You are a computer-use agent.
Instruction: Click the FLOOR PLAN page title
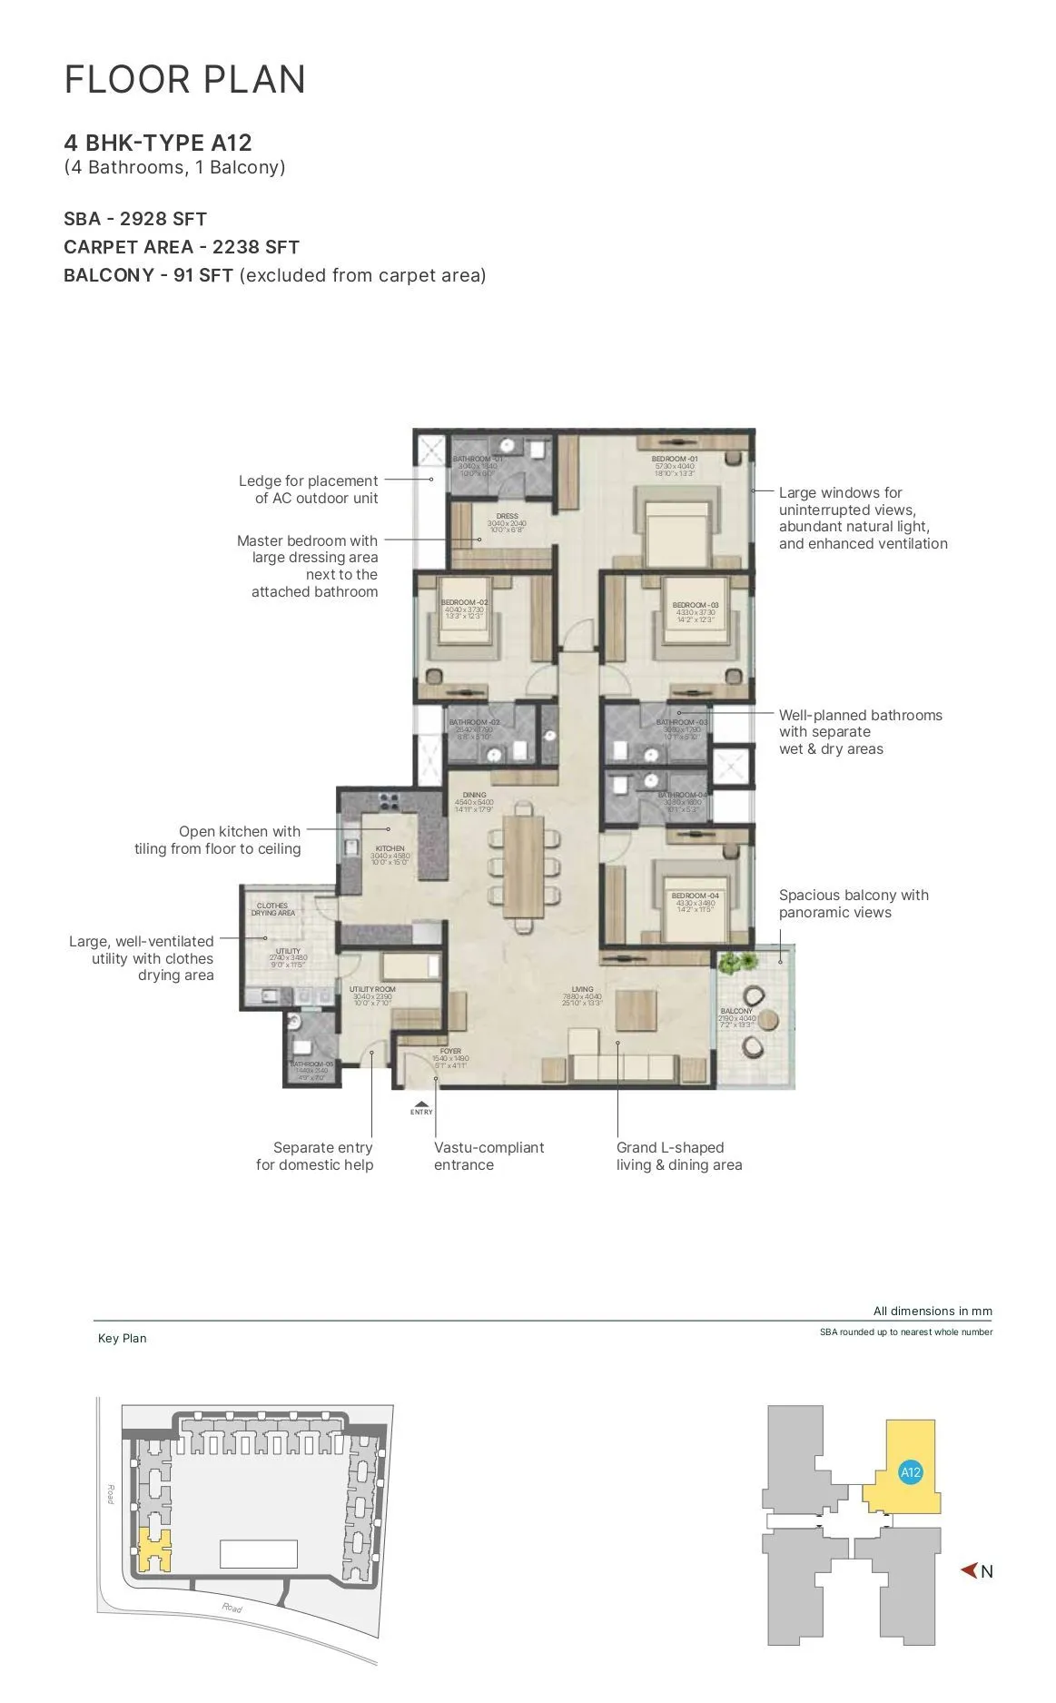pyautogui.click(x=185, y=80)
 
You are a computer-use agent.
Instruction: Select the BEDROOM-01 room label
pyautogui.click(x=675, y=460)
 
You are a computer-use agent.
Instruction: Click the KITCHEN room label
pyautogui.click(x=390, y=848)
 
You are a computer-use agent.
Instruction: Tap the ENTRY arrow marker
pyautogui.click(x=421, y=1104)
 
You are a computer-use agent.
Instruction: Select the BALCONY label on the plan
pyautogui.click(x=736, y=1011)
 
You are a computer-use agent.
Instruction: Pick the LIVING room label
pyautogui.click(x=582, y=989)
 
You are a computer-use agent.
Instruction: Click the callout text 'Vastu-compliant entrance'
pyautogui.click(x=489, y=1156)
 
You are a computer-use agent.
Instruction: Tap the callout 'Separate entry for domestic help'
pyautogui.click(x=315, y=1156)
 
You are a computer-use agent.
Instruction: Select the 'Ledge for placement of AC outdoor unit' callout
pyautogui.click(x=309, y=490)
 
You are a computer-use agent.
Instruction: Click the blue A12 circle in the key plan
pyautogui.click(x=911, y=1473)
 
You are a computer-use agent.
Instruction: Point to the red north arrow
pyautogui.click(x=969, y=1570)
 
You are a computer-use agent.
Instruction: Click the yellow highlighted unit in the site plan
pyautogui.click(x=154, y=1550)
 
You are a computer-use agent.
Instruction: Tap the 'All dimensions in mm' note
pyautogui.click(x=933, y=1311)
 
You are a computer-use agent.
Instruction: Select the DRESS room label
pyautogui.click(x=507, y=516)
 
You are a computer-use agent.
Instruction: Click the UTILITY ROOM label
pyautogui.click(x=372, y=989)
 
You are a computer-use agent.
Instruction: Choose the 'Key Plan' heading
pyautogui.click(x=122, y=1338)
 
